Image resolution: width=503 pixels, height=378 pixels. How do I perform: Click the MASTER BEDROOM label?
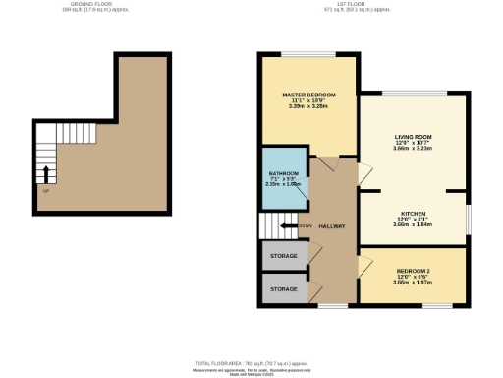tap(308, 94)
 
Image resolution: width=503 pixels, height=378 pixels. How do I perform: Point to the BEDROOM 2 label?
tap(414, 271)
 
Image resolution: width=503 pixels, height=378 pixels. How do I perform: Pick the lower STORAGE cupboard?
tap(284, 289)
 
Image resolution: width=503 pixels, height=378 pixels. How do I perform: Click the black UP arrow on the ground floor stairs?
tap(44, 175)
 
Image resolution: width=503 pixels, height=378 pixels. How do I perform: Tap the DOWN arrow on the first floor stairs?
tap(286, 225)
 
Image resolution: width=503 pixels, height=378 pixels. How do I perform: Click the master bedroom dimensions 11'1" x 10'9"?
tap(308, 101)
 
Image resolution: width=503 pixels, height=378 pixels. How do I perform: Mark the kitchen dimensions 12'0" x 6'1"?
tap(412, 219)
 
